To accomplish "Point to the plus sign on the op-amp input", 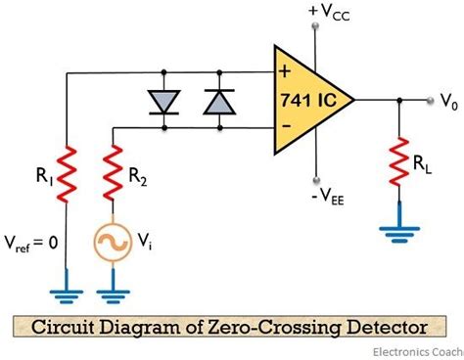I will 285,70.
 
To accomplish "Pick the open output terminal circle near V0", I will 427,99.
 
